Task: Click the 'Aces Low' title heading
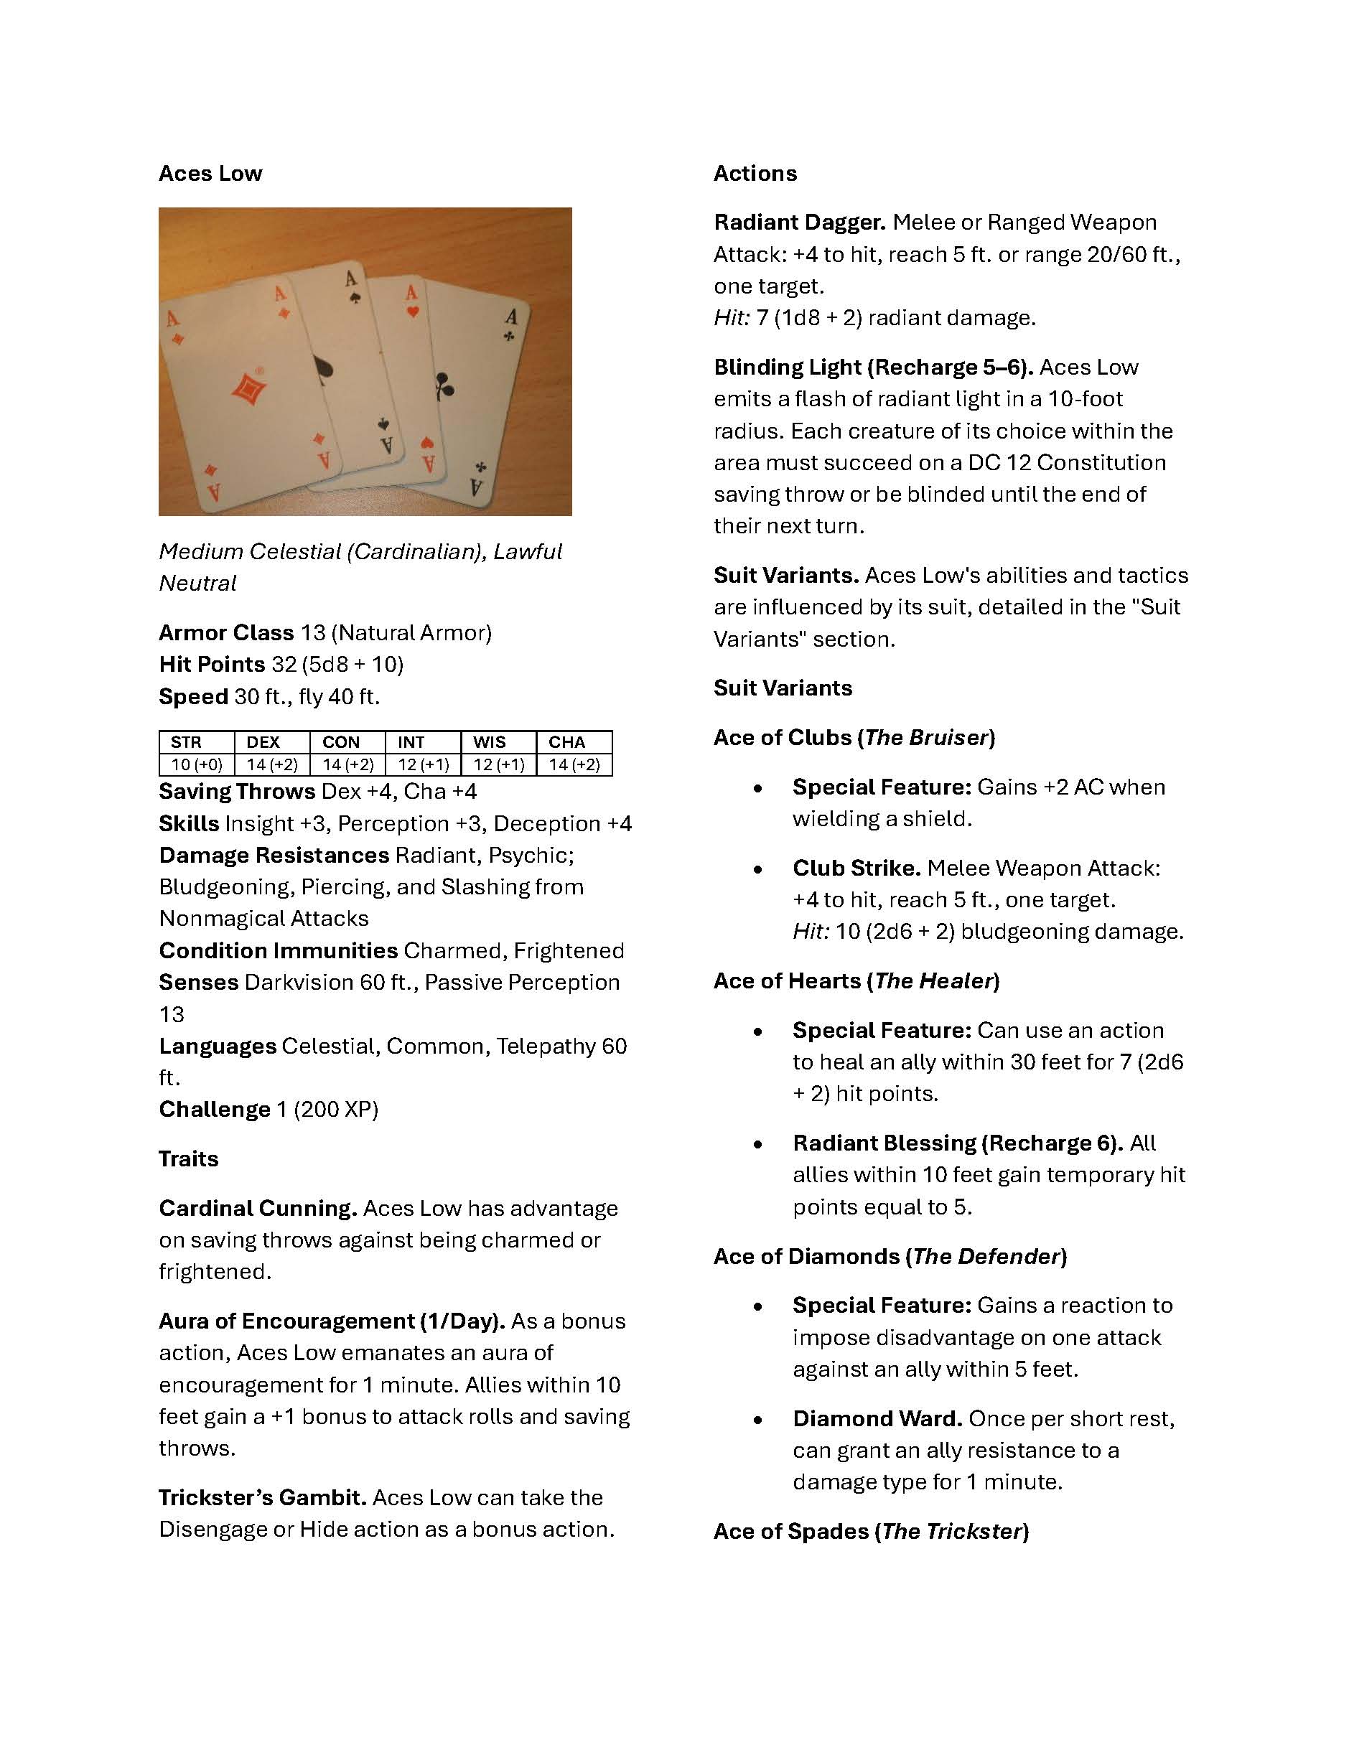click(210, 174)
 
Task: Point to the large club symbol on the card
click(444, 385)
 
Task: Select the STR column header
click(186, 742)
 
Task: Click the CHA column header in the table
click(566, 742)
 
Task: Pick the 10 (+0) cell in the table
click(197, 764)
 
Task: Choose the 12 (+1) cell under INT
click(423, 764)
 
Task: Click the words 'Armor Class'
click(226, 632)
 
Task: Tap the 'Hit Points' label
click(212, 664)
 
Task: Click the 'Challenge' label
click(215, 1110)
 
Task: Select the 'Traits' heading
click(189, 1158)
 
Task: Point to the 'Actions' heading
click(755, 174)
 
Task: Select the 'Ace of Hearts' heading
click(786, 980)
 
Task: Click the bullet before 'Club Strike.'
click(758, 869)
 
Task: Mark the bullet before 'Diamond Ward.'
click(758, 1420)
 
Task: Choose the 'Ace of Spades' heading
click(790, 1531)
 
